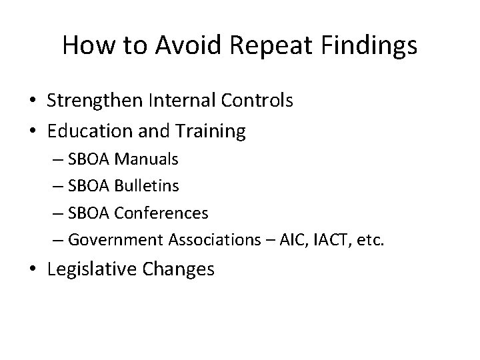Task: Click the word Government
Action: pyautogui.click(x=112, y=239)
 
